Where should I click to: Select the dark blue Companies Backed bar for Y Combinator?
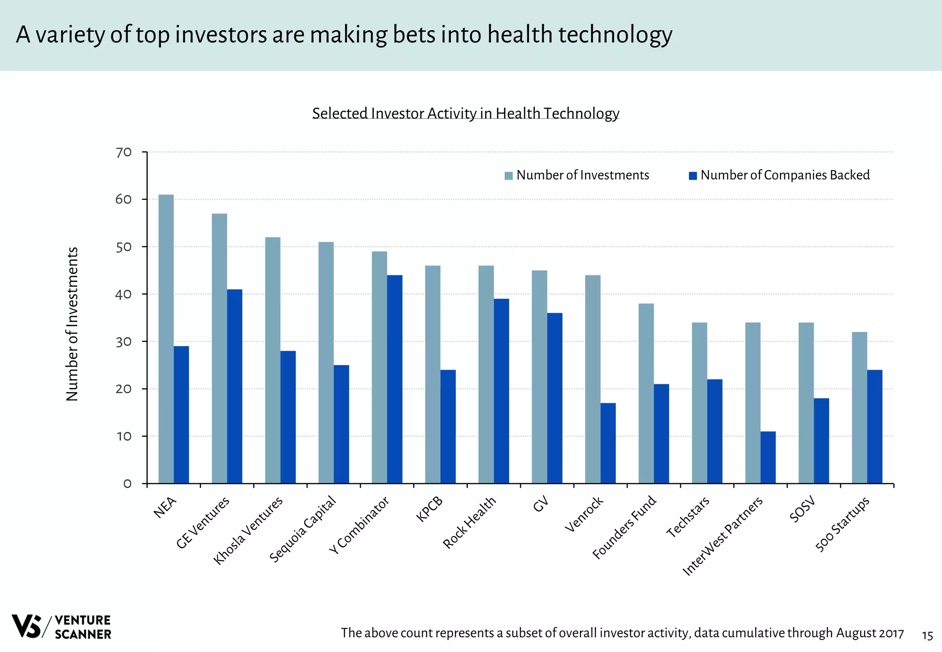[x=395, y=379]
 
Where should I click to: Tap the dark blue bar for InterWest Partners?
[x=768, y=458]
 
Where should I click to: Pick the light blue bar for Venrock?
[x=592, y=379]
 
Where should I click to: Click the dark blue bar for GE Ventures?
[x=235, y=386]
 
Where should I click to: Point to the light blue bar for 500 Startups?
[x=859, y=408]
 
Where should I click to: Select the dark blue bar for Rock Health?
[x=501, y=391]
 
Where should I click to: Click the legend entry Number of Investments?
[x=582, y=175]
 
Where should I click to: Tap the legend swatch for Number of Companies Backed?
[x=693, y=176]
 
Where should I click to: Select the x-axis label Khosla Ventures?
[x=248, y=531]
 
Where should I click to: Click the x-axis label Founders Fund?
[x=624, y=527]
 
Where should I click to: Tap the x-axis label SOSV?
[x=802, y=509]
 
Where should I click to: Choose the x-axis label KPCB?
[x=430, y=509]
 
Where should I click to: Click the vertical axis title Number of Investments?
[x=72, y=324]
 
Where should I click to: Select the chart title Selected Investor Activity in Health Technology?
[x=465, y=113]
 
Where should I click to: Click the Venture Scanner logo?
[x=61, y=626]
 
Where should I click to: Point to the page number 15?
[x=927, y=636]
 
